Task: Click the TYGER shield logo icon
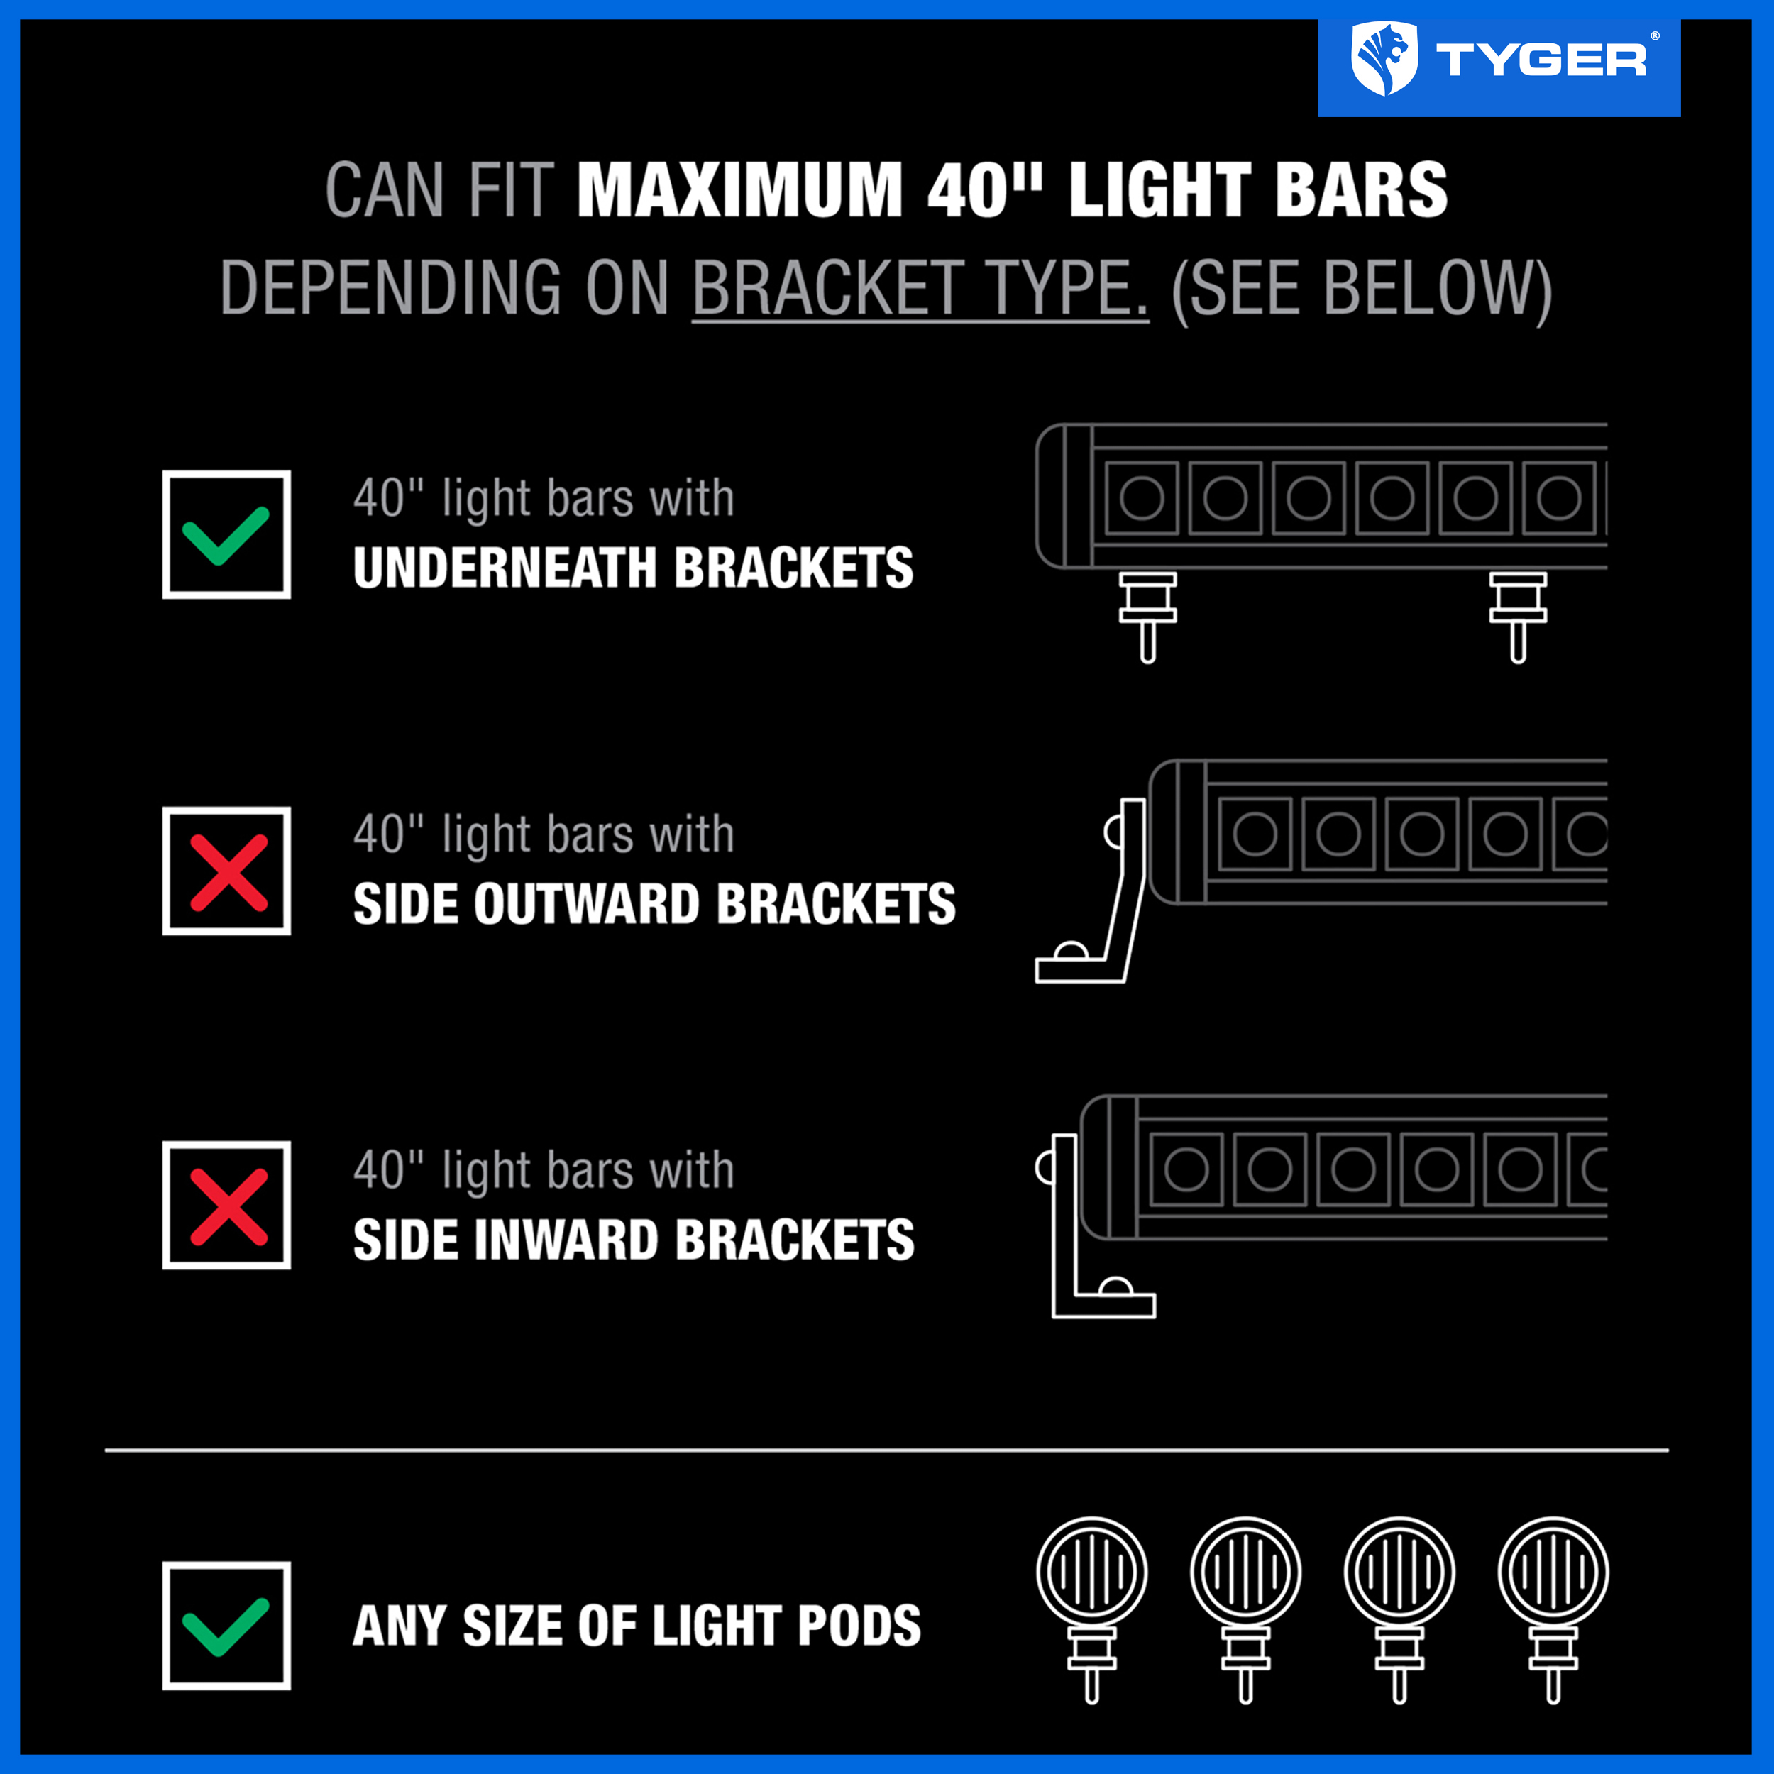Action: point(1384,59)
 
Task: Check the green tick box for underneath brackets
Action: point(227,534)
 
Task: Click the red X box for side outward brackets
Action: point(227,871)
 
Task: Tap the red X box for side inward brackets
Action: point(227,1205)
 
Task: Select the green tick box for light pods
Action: point(227,1625)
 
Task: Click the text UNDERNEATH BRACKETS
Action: point(634,568)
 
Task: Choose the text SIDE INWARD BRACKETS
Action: point(634,1240)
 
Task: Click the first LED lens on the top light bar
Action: point(1141,499)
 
